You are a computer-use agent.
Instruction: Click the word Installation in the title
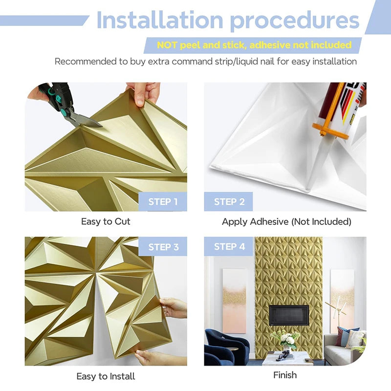[x=160, y=21]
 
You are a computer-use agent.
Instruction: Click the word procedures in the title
[x=295, y=21]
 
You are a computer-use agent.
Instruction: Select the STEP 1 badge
[x=162, y=202]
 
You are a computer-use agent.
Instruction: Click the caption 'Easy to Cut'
[x=106, y=221]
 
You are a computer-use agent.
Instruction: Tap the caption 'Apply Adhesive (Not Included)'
[x=286, y=221]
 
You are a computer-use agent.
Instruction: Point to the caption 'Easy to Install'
[x=106, y=376]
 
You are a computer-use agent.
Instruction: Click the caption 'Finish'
[x=285, y=375]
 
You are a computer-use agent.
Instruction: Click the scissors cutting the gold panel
[x=68, y=105]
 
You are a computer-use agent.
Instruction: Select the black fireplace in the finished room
[x=288, y=315]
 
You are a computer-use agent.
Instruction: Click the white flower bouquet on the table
[x=284, y=339]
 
